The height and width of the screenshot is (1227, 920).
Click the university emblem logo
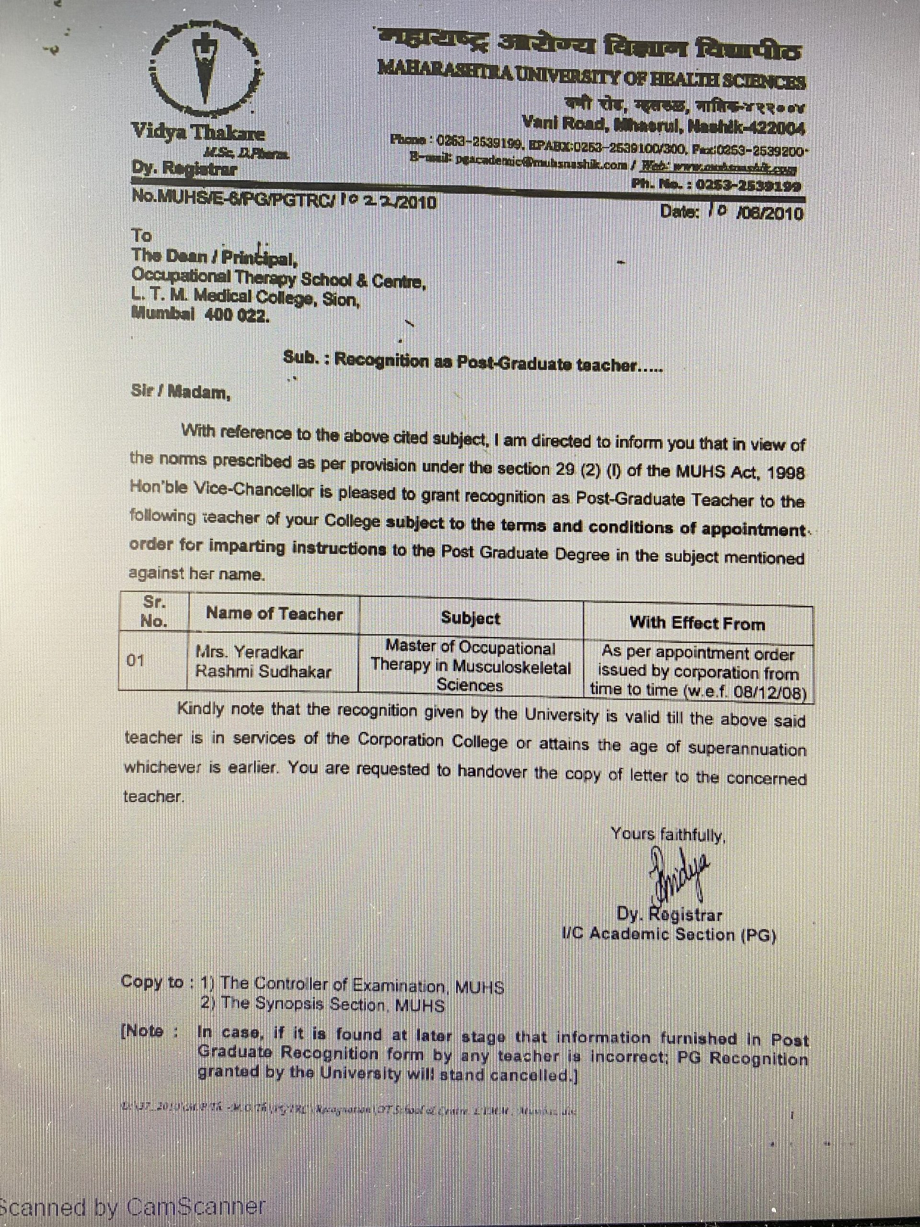tap(207, 66)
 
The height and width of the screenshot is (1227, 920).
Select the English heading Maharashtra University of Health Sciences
tap(591, 76)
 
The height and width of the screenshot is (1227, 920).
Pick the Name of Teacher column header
tap(274, 613)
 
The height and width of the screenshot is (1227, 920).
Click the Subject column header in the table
tap(470, 618)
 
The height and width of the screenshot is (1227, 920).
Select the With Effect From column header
tap(697, 623)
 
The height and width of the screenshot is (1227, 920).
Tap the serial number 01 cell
tap(136, 660)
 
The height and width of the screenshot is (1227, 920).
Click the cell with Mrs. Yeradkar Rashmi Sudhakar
tap(263, 661)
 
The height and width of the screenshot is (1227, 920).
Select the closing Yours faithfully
tap(667, 834)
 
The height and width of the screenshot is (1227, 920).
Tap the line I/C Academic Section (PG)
tap(668, 935)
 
